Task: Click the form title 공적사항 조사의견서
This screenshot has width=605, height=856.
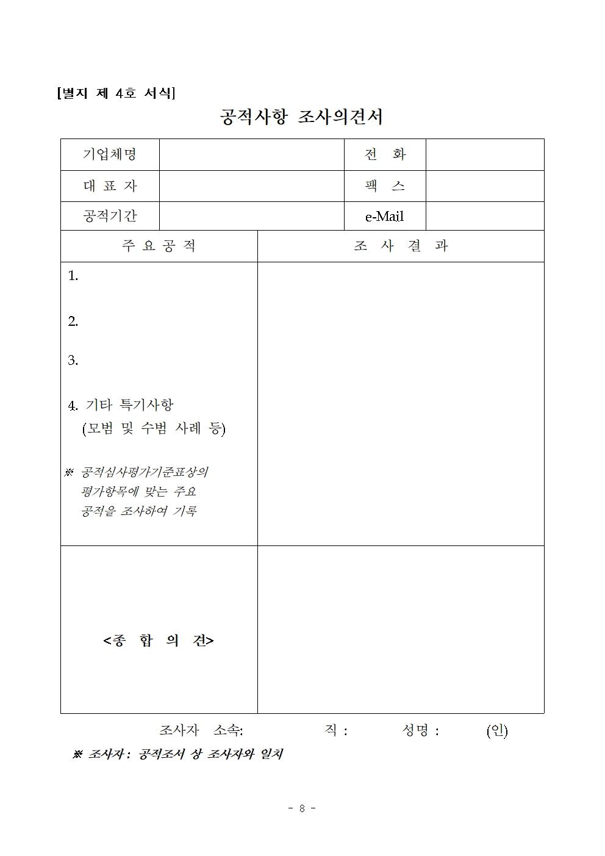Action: click(301, 117)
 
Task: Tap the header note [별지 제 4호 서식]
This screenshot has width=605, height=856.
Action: click(116, 93)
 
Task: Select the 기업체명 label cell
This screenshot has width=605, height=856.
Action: click(110, 154)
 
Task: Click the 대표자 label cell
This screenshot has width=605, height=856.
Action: click(110, 186)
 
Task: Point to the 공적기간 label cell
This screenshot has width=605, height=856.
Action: click(110, 216)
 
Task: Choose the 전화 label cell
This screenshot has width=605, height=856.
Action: click(385, 154)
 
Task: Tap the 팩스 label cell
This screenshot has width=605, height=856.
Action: click(385, 186)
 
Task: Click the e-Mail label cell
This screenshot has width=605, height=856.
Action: click(385, 217)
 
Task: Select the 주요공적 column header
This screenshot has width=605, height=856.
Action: click(159, 246)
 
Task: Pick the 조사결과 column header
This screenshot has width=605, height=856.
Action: click(401, 246)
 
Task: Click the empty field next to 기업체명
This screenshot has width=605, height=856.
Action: click(251, 154)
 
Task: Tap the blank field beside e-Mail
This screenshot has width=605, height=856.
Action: click(484, 217)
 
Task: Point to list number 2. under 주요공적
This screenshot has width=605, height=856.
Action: click(73, 322)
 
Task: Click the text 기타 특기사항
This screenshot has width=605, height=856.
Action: click(129, 405)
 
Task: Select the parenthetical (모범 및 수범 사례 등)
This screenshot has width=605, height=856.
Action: click(154, 428)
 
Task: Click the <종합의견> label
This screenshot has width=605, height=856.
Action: click(159, 641)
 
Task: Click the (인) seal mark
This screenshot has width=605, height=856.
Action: click(496, 730)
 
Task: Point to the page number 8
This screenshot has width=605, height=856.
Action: click(302, 808)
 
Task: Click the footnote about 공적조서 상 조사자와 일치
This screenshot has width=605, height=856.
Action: click(177, 755)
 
